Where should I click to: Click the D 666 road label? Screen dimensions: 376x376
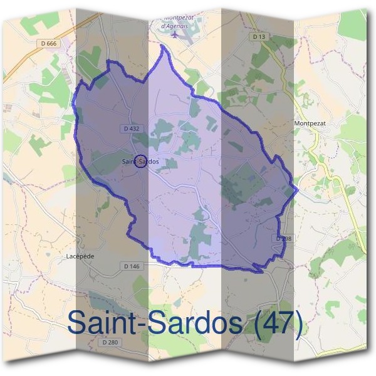tap(47, 43)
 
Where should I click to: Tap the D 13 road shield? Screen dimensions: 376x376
tap(259, 37)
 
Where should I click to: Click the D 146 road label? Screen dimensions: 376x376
tap(132, 266)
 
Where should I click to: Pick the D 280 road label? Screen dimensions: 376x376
tap(109, 342)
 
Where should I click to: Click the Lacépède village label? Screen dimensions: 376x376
tap(80, 256)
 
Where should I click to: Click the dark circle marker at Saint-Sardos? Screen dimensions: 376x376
tap(140, 162)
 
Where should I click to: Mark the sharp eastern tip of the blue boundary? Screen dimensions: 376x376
tap(297, 188)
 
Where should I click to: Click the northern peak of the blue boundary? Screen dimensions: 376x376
tap(167, 48)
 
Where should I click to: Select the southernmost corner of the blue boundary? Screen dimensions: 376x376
tap(260, 271)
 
